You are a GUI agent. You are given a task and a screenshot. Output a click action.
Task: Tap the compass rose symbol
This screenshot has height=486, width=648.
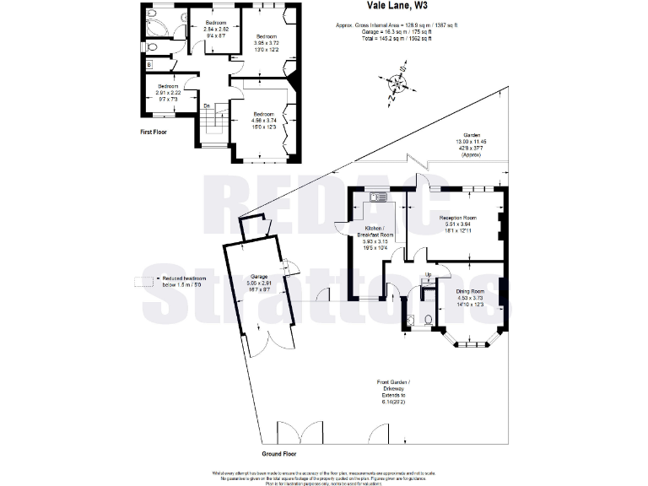click(396, 84)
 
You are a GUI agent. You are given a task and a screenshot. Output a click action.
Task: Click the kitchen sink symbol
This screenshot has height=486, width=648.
click(377, 198)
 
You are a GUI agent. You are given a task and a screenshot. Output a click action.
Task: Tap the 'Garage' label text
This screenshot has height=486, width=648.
click(259, 276)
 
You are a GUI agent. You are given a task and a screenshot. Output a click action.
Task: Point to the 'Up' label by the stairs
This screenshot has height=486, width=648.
click(429, 275)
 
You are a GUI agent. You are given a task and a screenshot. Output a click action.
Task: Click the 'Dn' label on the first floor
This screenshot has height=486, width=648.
click(206, 105)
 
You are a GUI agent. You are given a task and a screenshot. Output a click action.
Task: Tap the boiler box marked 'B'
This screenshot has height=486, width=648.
click(149, 63)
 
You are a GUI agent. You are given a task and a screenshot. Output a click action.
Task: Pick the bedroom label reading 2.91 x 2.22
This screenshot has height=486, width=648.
click(165, 91)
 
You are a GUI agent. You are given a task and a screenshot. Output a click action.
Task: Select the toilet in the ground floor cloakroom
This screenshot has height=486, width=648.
click(428, 319)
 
